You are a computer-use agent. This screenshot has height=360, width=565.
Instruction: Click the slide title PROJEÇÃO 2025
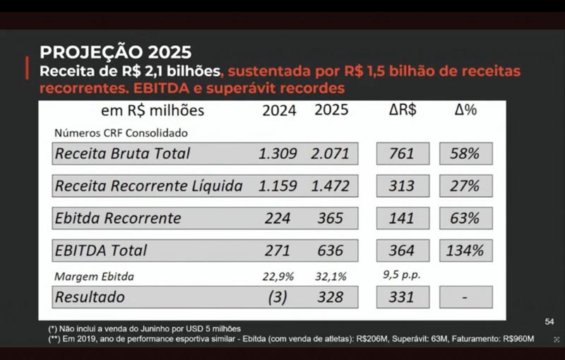115,52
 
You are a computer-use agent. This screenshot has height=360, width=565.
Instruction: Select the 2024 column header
279,110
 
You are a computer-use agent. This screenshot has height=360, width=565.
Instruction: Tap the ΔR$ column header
402,110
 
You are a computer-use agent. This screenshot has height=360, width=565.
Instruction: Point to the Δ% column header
465,110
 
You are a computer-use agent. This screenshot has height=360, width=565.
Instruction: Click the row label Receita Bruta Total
123,153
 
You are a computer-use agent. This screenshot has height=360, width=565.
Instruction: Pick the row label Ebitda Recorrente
118,218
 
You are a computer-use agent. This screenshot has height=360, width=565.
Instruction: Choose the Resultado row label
90,296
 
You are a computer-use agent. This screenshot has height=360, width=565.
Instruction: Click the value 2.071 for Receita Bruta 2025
331,153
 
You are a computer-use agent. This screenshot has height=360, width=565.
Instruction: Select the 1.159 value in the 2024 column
278,186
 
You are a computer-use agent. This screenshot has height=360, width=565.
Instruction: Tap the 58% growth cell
465,153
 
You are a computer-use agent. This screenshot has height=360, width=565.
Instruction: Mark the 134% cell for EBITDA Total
465,251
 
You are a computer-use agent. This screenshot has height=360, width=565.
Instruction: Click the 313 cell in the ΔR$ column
401,186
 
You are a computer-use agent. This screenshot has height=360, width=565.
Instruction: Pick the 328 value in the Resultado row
330,296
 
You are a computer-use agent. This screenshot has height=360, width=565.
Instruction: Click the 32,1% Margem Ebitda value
330,276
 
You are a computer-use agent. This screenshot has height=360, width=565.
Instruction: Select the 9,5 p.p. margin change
402,275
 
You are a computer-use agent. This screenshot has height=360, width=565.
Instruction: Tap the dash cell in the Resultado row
465,296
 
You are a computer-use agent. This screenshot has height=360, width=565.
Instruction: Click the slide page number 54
549,322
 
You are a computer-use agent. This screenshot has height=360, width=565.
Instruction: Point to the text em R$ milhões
153,111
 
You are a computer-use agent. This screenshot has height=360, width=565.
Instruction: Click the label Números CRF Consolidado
121,132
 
